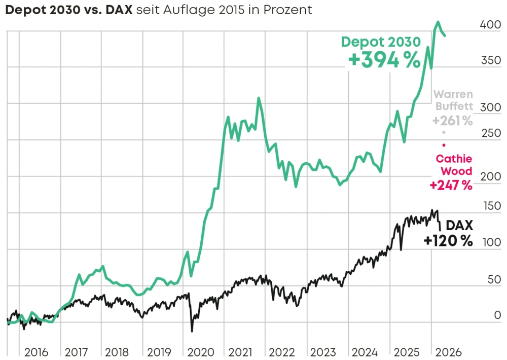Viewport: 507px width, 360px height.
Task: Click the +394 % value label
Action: click(384, 61)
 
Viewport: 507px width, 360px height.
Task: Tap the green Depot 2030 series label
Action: click(381, 42)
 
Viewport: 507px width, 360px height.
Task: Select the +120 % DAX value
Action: click(448, 241)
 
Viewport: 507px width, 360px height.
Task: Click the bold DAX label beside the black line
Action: click(459, 225)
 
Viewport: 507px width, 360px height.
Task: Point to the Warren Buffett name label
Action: click(454, 100)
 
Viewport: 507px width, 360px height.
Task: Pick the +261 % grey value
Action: click(452, 121)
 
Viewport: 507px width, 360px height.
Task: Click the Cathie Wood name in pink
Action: click(454, 165)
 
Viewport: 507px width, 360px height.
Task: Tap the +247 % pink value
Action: click(451, 186)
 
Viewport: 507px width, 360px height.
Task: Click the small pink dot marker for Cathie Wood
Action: click(444, 145)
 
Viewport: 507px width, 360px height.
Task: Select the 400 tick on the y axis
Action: click(490, 24)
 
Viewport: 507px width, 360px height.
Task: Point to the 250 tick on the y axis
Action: click(490, 133)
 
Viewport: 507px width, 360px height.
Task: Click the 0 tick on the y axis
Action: click(497, 315)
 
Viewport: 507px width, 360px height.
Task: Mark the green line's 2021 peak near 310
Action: click(259, 98)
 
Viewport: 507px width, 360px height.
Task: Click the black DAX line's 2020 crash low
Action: click(192, 331)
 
